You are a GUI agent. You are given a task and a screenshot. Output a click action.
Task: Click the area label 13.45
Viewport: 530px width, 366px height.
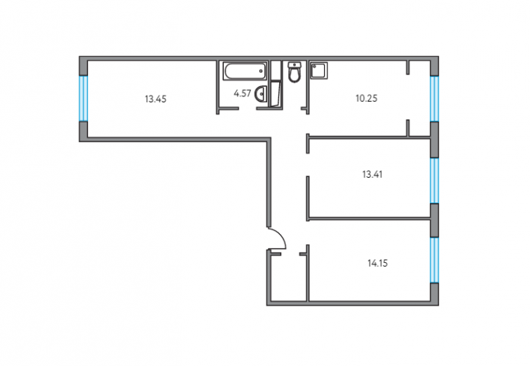155,99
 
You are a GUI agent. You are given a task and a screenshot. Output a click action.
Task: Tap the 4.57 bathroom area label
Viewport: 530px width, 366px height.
243,93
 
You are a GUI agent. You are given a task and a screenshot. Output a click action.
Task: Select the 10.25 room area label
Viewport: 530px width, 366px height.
367,99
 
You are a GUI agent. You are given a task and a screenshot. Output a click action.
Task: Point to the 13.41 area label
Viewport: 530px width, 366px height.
372,175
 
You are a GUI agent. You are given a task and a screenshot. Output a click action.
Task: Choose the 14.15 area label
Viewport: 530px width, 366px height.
378,263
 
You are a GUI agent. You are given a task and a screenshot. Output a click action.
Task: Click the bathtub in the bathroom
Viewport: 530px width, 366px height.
245,71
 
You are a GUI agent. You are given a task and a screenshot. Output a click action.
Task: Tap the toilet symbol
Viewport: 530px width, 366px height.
295,72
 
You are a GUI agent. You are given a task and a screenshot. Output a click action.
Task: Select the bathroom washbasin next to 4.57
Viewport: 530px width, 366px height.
261,93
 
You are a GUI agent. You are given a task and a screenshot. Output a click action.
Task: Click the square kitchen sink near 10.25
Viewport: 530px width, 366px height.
319,70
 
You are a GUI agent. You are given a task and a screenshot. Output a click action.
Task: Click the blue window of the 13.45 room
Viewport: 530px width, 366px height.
83,99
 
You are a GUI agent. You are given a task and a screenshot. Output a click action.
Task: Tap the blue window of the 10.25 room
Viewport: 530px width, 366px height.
434,99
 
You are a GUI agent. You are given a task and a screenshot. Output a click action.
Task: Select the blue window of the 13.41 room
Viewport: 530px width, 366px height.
434,181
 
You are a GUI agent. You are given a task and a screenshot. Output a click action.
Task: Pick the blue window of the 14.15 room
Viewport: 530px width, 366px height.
434,260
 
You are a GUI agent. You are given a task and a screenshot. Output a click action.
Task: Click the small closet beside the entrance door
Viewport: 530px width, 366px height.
288,276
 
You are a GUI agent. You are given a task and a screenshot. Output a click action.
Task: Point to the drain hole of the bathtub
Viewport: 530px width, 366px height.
261,71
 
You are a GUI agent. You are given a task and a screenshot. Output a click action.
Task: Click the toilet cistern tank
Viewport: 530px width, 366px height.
295,64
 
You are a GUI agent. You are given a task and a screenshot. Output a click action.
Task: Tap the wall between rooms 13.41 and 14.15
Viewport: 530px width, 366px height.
369,219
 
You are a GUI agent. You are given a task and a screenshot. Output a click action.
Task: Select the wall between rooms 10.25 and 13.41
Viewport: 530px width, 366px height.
369,137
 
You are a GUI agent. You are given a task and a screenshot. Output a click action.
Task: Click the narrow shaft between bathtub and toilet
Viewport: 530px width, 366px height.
276,71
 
